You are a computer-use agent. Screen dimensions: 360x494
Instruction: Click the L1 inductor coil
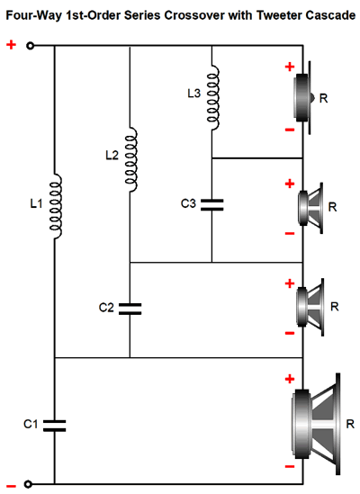coord(57,206)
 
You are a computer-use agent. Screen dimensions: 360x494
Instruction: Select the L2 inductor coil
coord(131,159)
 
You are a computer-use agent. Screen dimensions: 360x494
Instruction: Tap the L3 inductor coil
coord(213,98)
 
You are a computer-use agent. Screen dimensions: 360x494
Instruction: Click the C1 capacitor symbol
coord(54,426)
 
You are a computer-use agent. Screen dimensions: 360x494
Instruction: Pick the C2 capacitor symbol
coord(130,309)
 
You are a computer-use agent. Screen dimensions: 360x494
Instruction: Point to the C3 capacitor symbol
coord(211,205)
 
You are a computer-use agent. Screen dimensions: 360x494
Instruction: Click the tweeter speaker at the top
coord(303,98)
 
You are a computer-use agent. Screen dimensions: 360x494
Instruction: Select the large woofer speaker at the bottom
coord(316,424)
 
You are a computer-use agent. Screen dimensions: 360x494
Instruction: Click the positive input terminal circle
coord(30,46)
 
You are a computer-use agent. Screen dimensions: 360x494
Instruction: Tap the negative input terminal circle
coord(29,484)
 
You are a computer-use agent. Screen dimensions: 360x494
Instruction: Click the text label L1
coord(36,204)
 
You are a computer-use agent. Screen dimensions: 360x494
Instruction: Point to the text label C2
coord(106,308)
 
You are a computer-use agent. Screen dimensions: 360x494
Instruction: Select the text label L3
coord(193,94)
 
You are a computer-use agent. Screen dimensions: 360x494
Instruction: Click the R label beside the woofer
coord(350,424)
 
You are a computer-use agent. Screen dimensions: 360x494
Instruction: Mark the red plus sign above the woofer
coord(290,379)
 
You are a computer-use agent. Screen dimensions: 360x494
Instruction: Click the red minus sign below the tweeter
coord(290,130)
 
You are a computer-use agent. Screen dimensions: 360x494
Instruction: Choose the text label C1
coord(31,424)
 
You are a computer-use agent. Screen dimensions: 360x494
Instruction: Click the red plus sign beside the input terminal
coord(11,45)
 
